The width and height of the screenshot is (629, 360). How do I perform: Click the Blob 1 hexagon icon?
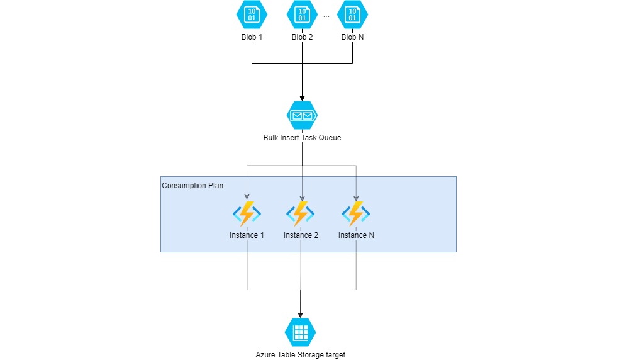point(252,15)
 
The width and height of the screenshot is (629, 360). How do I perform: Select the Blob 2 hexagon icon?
point(302,15)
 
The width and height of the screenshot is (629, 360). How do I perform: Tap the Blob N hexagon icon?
point(352,15)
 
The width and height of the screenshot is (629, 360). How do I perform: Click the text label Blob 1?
point(252,37)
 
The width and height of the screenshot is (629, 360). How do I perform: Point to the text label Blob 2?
point(302,37)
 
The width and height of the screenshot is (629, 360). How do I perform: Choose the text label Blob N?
point(352,37)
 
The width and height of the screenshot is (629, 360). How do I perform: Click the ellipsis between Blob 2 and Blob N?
point(326,18)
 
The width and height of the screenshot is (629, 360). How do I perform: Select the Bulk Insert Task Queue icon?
point(302,116)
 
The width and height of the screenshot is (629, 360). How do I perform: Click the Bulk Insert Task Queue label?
point(302,137)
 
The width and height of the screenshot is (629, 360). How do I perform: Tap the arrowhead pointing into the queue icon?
point(302,97)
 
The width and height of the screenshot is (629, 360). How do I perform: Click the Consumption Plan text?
point(192,186)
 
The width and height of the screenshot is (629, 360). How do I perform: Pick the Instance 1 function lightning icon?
point(247,214)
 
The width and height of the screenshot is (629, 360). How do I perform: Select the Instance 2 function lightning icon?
point(301,214)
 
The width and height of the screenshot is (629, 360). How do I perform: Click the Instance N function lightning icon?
point(356,214)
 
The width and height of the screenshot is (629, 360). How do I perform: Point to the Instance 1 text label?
point(247,235)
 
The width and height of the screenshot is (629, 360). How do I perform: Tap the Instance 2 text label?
point(301,235)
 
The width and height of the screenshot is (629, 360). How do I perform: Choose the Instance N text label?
point(356,235)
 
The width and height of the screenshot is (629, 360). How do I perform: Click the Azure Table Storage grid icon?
point(300,332)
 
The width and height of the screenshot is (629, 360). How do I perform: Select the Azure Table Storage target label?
point(300,354)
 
